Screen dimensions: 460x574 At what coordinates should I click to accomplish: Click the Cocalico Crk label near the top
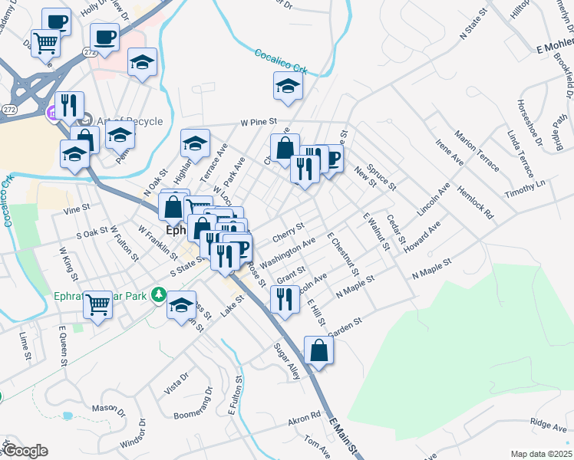click(x=281, y=61)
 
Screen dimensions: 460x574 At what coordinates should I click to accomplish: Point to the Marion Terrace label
click(x=477, y=151)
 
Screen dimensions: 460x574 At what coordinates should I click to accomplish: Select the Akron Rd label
click(x=304, y=419)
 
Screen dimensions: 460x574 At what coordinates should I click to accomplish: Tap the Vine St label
click(x=78, y=208)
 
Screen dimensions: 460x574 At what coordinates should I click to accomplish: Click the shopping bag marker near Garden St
click(x=318, y=351)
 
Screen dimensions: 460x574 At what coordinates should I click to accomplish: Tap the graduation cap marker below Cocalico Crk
click(x=288, y=87)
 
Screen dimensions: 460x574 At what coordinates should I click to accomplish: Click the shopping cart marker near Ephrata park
click(x=98, y=305)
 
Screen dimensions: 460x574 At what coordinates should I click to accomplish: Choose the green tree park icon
click(x=159, y=294)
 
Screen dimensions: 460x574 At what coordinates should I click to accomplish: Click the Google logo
click(x=25, y=451)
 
